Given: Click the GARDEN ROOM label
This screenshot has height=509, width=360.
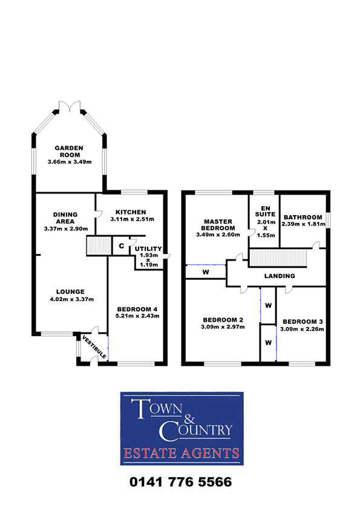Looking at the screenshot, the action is point(69,151).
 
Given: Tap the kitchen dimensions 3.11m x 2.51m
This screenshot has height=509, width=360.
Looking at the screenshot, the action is point(133,219).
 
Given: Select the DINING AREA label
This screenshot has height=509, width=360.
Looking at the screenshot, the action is point(65,218).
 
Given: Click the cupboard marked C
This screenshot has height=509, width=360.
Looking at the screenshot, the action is point(121,246).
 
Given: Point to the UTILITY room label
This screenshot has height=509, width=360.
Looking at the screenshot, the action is point(148,248).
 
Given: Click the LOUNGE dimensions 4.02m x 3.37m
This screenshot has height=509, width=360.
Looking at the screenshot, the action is point(72,299).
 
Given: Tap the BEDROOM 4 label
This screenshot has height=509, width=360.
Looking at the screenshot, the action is point(138,310).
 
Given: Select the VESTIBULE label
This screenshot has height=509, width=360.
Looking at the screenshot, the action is point(94,347).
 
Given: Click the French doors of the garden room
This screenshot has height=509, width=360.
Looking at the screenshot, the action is point(70,106).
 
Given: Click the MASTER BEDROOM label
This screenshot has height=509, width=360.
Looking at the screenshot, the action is point(218,225).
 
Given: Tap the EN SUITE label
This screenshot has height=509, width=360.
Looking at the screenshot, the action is point(265,211).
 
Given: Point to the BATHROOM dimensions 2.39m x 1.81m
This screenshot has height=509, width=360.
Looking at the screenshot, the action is point(304,224).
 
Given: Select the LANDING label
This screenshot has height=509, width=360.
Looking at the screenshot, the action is point(280,276).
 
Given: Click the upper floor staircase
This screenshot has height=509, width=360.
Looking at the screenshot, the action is point(278,258).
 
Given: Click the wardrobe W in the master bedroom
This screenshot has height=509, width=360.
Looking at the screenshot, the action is point(206,272).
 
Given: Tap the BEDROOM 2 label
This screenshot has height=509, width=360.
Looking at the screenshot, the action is point(223,320).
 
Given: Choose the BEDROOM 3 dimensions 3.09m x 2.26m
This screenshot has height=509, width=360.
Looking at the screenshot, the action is point(302,329).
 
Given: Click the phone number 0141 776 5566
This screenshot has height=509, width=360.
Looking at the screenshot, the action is point(181,482).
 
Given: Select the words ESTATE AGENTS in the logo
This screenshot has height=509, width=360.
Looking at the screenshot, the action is point(182,453).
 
